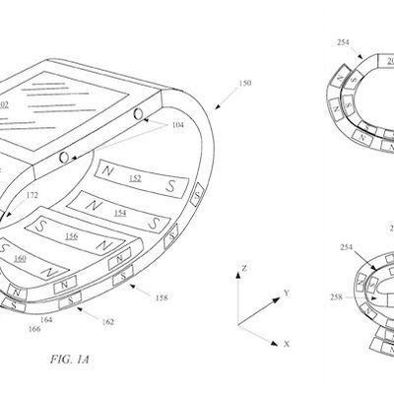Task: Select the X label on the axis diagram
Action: (286, 344)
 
